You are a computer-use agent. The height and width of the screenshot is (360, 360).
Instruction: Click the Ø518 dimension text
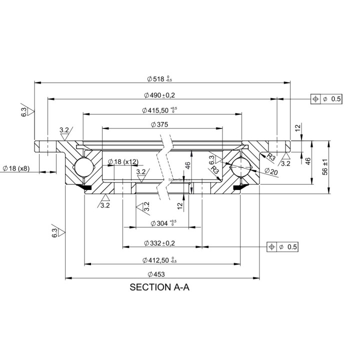pyautogui.click(x=159, y=78)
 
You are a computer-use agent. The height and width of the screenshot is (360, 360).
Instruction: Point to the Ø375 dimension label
pyautogui.click(x=158, y=124)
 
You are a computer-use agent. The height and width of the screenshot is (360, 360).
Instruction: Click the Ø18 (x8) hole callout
pyautogui.click(x=16, y=168)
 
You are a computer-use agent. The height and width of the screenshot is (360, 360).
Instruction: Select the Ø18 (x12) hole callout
pyautogui.click(x=123, y=161)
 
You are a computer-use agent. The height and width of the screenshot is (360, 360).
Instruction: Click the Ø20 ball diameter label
pyautogui.click(x=270, y=171)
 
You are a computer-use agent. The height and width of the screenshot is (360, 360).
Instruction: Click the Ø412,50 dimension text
pyautogui.click(x=159, y=260)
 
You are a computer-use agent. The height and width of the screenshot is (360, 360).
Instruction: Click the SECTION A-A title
pyautogui.click(x=159, y=287)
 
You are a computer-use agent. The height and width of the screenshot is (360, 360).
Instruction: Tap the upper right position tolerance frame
pyautogui.click(x=326, y=99)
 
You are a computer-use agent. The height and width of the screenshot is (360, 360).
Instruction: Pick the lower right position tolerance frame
pyautogui.click(x=282, y=247)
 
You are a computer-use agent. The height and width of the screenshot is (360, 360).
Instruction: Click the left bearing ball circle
pyautogui.click(x=81, y=166)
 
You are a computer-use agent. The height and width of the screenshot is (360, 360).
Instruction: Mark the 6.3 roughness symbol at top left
pyautogui.click(x=26, y=111)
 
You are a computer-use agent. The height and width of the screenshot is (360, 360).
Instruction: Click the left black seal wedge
pyautogui.click(x=84, y=187)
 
